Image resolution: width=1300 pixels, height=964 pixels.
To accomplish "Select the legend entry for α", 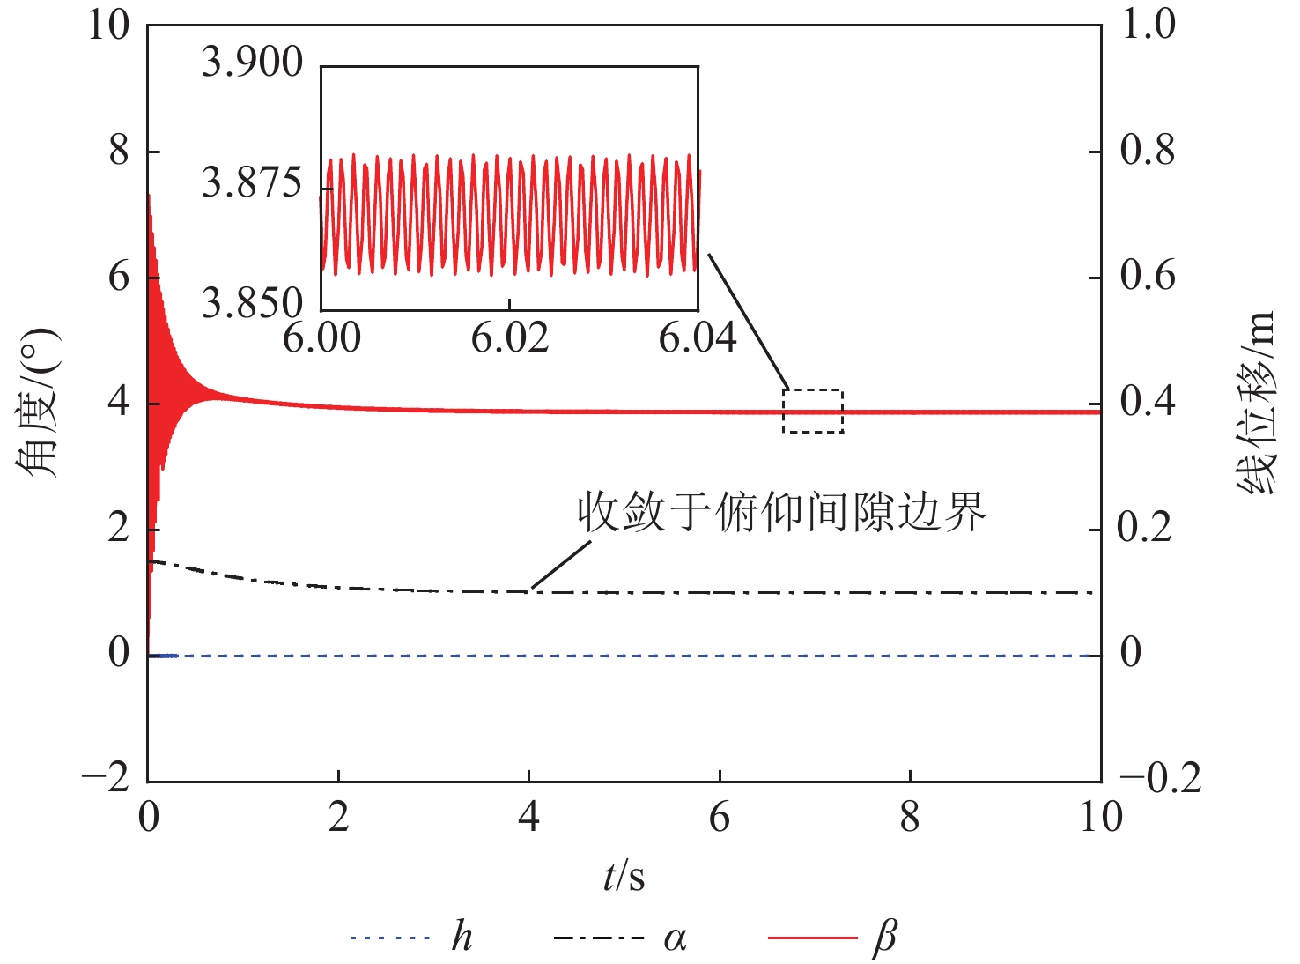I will coord(620,938).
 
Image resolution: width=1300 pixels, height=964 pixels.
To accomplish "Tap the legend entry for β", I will coord(833,938).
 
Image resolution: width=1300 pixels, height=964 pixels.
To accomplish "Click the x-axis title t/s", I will coord(624,877).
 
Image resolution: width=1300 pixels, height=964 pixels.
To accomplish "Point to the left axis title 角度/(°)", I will coord(37,403).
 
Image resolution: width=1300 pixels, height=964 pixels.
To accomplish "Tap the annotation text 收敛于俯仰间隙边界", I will coord(781,512).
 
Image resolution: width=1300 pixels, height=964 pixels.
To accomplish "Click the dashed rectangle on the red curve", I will coord(813,411).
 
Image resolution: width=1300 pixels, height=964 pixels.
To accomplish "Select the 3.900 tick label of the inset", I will coord(252,63).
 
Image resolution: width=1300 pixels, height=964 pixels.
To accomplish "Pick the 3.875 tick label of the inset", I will coord(252,183).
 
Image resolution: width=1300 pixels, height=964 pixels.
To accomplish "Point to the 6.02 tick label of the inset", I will coord(509,338).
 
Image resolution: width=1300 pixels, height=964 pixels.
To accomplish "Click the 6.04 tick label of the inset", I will coord(698,338).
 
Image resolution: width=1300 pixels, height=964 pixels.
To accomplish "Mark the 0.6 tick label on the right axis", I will coord(1148,277).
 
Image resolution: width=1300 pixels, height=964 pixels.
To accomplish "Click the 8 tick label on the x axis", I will coord(910,818).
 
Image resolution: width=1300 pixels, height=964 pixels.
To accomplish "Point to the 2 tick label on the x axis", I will coord(338,818).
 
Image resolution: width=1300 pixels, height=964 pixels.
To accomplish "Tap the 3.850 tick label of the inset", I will coord(252,303).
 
